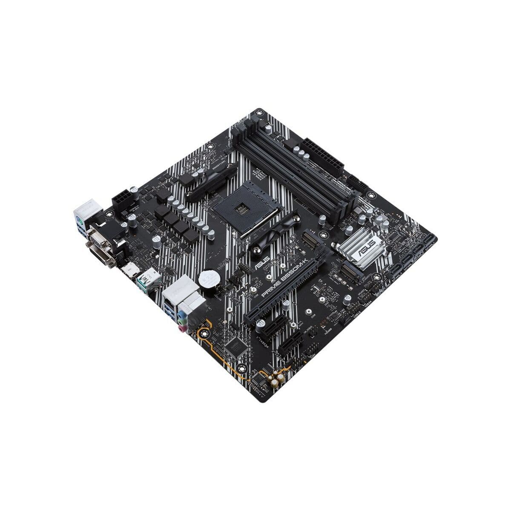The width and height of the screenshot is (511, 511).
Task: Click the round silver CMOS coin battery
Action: coord(210,279)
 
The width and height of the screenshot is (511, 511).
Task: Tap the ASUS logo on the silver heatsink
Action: coord(367,245)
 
